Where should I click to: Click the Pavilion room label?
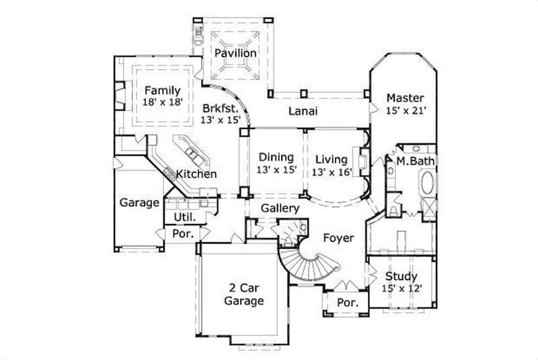click(235, 52)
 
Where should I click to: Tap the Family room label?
click(161, 90)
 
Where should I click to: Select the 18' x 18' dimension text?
click(161, 102)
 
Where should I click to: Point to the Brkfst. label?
click(220, 107)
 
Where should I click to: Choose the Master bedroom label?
click(406, 98)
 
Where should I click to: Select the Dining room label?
click(276, 159)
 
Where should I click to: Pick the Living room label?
click(330, 159)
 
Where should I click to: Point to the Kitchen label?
click(196, 174)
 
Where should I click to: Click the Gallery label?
click(280, 209)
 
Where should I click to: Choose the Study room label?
click(401, 276)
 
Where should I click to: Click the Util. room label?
click(185, 217)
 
